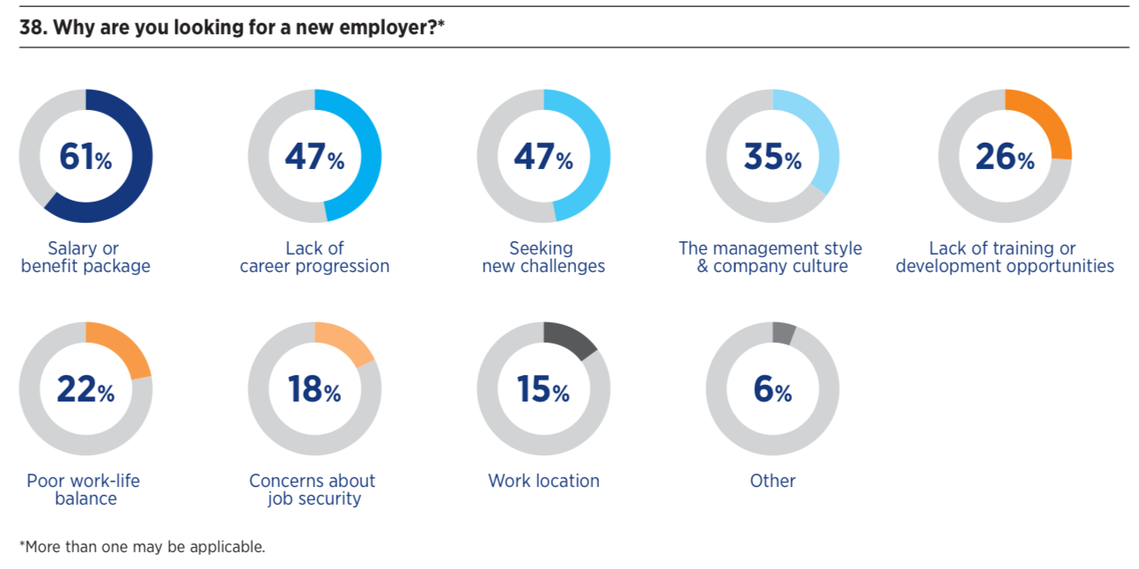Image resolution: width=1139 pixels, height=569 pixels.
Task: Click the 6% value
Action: pos(773,389)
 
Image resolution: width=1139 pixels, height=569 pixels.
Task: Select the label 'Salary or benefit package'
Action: pos(85,257)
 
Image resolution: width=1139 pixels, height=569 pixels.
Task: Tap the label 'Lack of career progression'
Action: pos(314,257)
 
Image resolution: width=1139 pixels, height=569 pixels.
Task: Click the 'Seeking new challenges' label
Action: pos(544,257)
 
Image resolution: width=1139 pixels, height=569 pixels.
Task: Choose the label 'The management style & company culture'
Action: pos(771,257)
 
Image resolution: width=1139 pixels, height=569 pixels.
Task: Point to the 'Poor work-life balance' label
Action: pos(84,490)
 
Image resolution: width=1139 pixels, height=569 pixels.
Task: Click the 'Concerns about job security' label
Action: pos(313,490)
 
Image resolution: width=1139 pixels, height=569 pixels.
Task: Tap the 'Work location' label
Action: pos(544,481)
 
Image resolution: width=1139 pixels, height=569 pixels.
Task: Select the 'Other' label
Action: pos(773,481)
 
